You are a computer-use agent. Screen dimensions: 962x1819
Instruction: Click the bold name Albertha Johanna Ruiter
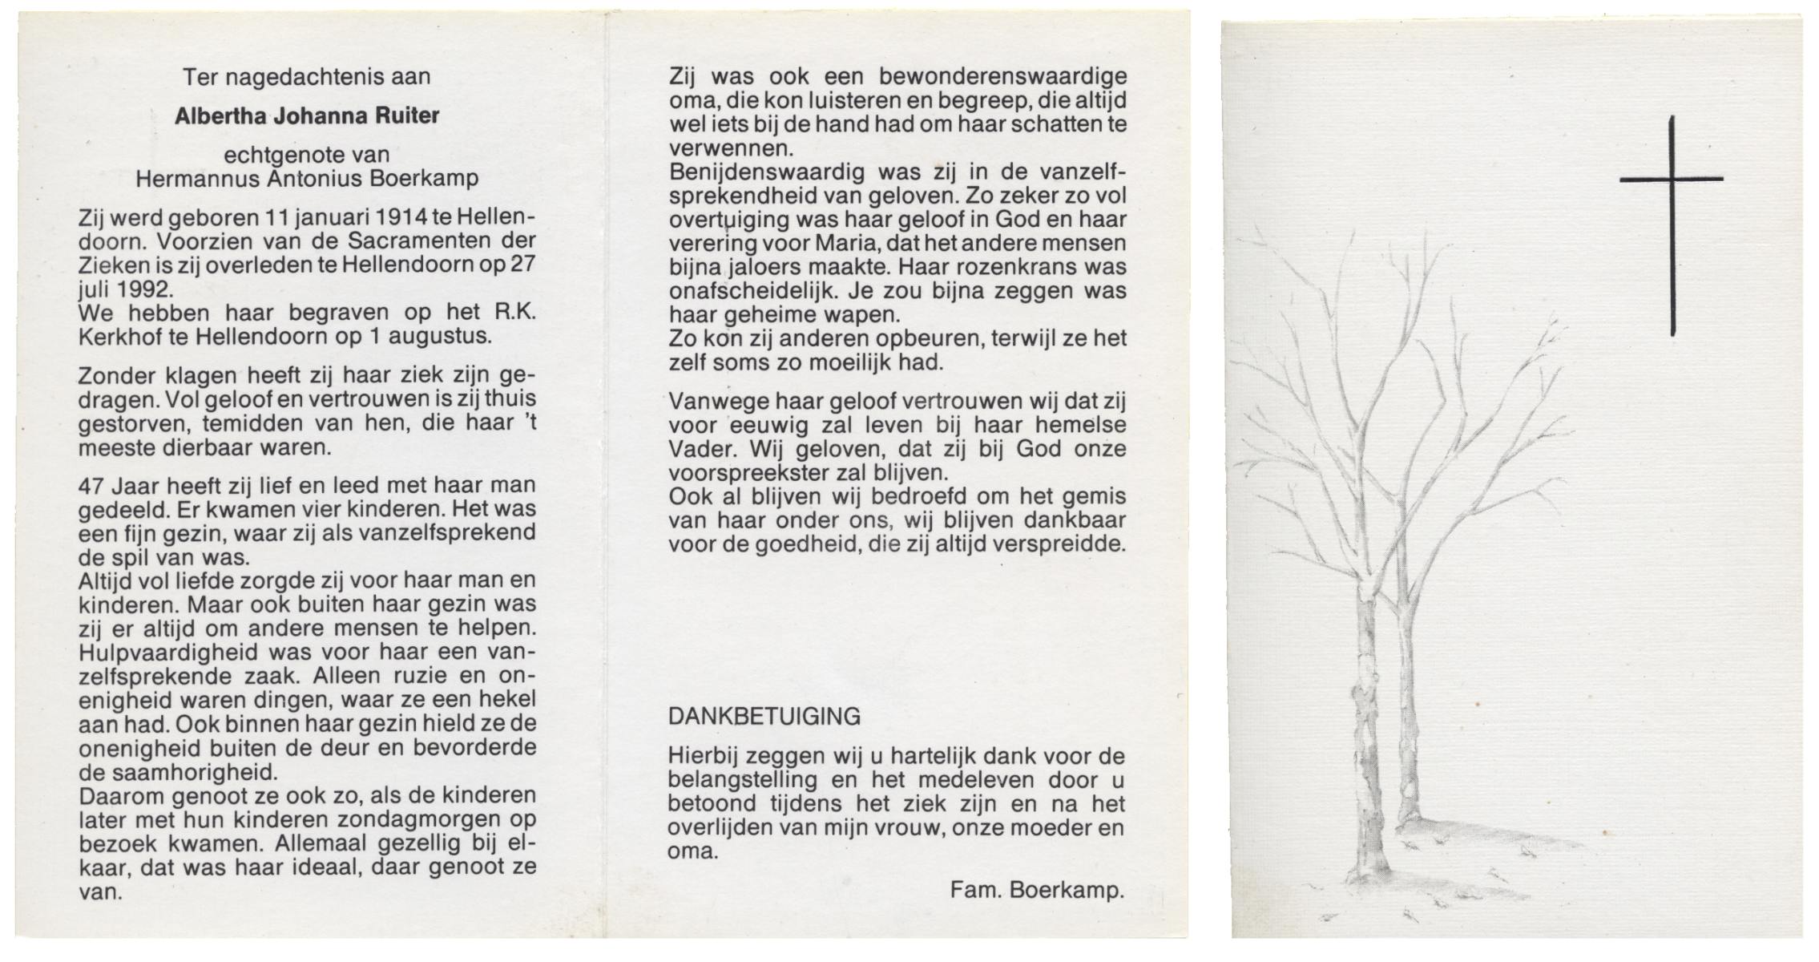click(307, 116)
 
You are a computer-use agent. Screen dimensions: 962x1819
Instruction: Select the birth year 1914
click(400, 218)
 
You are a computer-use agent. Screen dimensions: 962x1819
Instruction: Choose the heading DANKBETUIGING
click(764, 716)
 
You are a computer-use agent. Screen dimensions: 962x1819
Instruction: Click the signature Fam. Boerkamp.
click(1037, 889)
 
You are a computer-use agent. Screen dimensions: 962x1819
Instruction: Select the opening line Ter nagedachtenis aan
click(307, 77)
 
